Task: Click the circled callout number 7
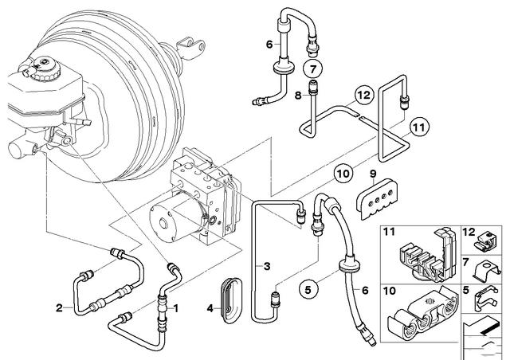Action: [312, 69]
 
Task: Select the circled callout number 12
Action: [363, 95]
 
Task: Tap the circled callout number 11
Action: [419, 127]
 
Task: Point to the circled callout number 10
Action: [343, 174]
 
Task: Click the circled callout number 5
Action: [308, 289]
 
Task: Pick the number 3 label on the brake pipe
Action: [267, 267]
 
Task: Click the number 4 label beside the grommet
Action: [210, 308]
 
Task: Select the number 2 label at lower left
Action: [59, 307]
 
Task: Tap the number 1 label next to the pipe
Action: [176, 307]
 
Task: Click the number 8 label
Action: [298, 96]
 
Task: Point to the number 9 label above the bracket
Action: [373, 174]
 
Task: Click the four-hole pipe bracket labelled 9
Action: [378, 198]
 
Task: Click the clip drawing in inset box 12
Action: [486, 241]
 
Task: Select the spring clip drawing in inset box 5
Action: [486, 299]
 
